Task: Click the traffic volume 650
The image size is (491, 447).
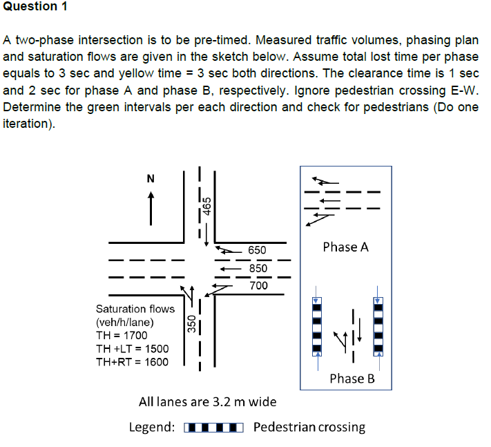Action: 257,249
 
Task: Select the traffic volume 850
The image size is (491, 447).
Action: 257,267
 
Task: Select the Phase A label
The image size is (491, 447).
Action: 345,247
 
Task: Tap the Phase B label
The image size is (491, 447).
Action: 352,378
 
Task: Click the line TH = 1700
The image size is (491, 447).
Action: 121,335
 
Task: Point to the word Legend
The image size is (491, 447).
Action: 152,427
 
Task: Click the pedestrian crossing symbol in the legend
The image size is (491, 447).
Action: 214,427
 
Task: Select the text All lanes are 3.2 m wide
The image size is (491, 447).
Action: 208,401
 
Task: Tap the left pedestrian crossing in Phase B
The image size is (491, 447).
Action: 317,325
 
